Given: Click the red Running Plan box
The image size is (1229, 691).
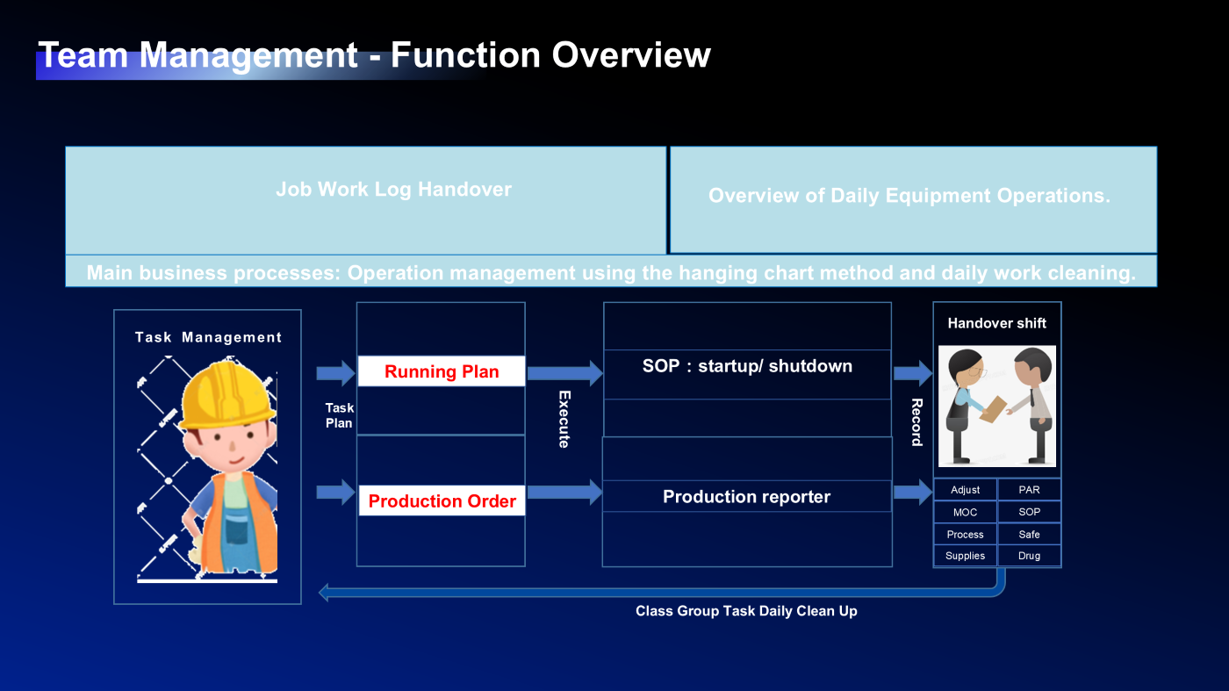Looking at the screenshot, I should pos(442,371).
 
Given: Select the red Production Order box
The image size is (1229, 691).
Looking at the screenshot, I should pos(442,500).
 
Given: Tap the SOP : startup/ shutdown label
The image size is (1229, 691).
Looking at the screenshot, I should pos(747,366).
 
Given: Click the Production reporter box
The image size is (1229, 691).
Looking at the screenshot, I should pos(746,496).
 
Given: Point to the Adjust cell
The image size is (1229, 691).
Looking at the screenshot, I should pos(965,489).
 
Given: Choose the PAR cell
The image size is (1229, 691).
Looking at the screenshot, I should pos(1029,489).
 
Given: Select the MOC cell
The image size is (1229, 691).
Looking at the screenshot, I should pos(965,512).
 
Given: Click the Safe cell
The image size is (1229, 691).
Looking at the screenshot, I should pos(1029,534).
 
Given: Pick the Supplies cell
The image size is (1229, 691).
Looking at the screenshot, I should pos(965,556).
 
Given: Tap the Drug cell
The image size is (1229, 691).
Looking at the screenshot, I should pos(1029,556).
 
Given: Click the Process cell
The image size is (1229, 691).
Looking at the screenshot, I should pos(965,534).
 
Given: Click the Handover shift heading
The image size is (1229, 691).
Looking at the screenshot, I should pos(996,323).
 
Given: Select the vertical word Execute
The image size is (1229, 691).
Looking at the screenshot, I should pos(564,420).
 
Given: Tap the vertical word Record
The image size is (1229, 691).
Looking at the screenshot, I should pos(916,422).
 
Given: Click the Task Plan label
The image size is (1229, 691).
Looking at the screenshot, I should pos(339,415).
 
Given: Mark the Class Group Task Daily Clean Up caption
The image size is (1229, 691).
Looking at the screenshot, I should pos(746,611).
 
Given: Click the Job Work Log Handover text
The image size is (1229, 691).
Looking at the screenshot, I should pos(393,189).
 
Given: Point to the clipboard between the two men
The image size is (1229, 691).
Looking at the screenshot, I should pos(993,408).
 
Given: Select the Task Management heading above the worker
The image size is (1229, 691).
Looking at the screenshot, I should pos(208,337).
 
